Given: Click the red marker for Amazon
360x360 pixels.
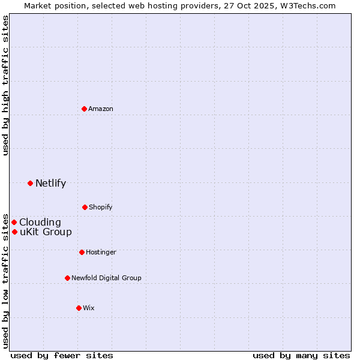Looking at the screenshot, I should (84, 109).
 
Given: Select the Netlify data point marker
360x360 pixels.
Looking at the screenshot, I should (30, 183).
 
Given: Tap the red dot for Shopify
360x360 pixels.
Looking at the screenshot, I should (85, 207).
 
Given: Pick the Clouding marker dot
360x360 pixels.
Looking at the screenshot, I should (14, 222).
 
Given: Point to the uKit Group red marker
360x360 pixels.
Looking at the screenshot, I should (14, 232).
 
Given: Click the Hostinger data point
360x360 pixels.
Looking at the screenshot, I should (82, 252).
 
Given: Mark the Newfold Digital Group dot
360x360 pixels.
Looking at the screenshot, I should (67, 278).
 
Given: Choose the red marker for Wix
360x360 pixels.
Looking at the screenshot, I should (79, 308).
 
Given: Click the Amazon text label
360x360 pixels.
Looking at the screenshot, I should (101, 109).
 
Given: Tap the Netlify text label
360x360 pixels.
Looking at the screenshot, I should (50, 184).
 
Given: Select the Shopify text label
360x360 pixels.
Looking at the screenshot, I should (101, 207).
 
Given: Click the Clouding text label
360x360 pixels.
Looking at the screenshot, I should (40, 223).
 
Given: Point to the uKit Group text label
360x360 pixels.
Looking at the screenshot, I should (46, 232).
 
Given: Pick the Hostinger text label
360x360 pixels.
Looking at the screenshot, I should (101, 252).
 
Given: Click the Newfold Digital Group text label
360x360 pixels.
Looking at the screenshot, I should (106, 278).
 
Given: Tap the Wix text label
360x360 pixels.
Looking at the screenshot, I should (89, 308).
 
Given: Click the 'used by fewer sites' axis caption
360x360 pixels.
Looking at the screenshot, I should (62, 355).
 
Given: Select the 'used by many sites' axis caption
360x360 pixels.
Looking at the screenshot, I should (301, 355).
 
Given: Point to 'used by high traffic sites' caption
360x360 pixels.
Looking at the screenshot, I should (6, 85).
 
